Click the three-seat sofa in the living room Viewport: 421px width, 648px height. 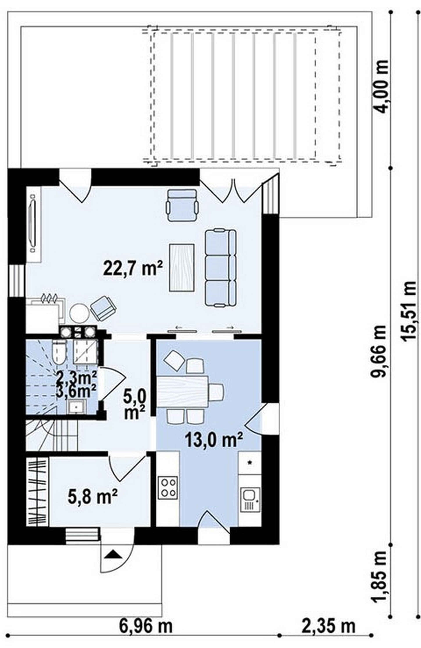click(220, 264)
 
